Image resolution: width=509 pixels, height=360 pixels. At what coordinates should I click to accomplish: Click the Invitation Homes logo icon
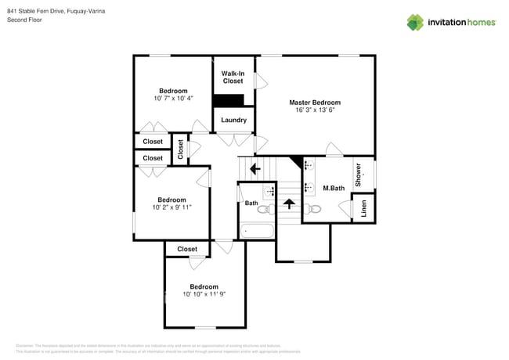pos(415,22)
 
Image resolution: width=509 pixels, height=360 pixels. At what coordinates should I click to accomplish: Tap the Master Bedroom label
pos(315,103)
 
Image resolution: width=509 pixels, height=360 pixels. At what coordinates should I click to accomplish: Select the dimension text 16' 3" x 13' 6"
pos(315,111)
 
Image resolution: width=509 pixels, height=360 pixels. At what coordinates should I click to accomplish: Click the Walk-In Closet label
pos(233,77)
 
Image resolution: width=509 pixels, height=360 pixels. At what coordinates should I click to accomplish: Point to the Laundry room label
pos(233,120)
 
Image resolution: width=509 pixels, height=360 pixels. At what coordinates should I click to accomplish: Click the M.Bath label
pos(334,188)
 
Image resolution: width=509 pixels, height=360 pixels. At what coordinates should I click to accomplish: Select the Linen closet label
pos(363,209)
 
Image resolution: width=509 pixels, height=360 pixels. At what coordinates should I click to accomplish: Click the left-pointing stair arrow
pos(254,167)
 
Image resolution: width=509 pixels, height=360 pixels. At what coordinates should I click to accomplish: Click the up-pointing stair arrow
pos(288,204)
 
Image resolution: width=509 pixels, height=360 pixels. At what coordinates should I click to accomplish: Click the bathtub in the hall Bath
pos(257,231)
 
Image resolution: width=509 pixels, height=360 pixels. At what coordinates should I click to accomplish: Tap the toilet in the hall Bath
pos(264,209)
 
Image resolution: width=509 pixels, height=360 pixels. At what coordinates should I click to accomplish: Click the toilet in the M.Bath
pos(312,209)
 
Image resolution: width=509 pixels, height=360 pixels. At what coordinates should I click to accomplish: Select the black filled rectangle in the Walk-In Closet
pos(229,100)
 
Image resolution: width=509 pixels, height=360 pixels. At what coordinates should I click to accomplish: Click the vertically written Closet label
pos(181,149)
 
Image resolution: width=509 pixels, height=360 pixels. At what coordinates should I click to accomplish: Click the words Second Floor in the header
pos(24,20)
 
